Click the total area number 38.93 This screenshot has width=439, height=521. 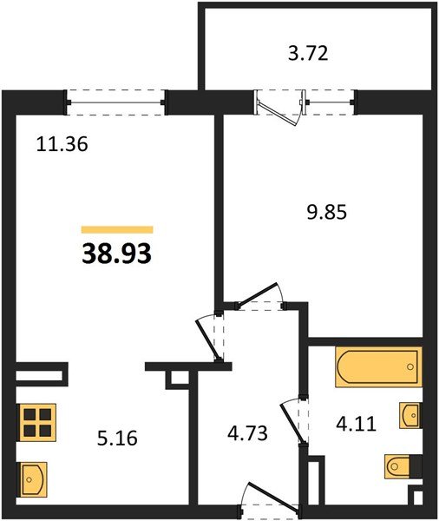point(116,254)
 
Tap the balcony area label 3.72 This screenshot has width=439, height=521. point(308,53)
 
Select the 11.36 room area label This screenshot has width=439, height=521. point(62,144)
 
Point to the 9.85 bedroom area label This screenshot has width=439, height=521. point(327,212)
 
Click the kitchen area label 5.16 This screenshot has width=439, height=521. point(117,438)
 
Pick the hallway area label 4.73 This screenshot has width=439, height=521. point(248,433)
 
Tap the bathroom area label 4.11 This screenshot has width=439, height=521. point(357,424)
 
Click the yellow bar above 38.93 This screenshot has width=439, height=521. point(117,229)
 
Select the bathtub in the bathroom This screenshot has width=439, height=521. point(378,366)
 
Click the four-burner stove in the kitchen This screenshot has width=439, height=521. point(37,422)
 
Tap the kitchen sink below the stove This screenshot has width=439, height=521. point(33,478)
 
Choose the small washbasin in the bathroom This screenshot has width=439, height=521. point(411,415)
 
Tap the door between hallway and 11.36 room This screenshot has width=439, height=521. point(208,339)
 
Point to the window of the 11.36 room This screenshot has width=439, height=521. point(116,102)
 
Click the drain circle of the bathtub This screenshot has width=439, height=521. point(410,366)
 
